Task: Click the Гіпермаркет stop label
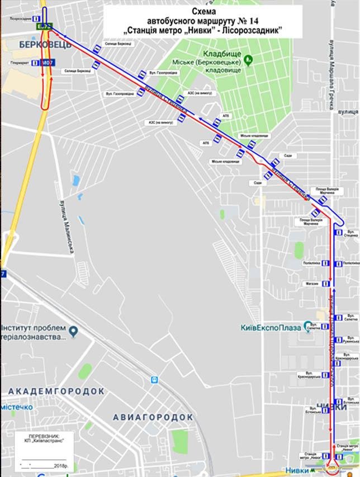click(18, 63)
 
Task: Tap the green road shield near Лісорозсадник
click(44, 26)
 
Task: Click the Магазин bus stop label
click(312, 284)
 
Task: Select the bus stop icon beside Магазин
click(324, 284)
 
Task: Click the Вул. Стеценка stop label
click(352, 232)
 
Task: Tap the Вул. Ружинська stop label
click(352, 339)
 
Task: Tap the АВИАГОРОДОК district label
click(153, 417)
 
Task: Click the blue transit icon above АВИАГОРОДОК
click(154, 380)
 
